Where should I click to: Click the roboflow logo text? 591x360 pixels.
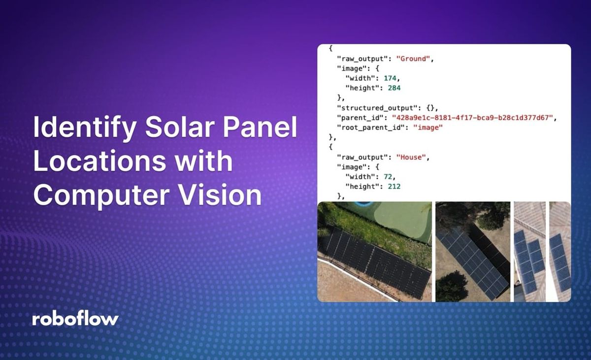tap(75, 319)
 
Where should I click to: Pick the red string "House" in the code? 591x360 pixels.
tap(412, 157)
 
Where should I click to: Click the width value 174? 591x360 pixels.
tap(387, 78)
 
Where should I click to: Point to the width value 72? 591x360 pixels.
tap(384, 177)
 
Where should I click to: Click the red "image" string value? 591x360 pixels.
tap(428, 128)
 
